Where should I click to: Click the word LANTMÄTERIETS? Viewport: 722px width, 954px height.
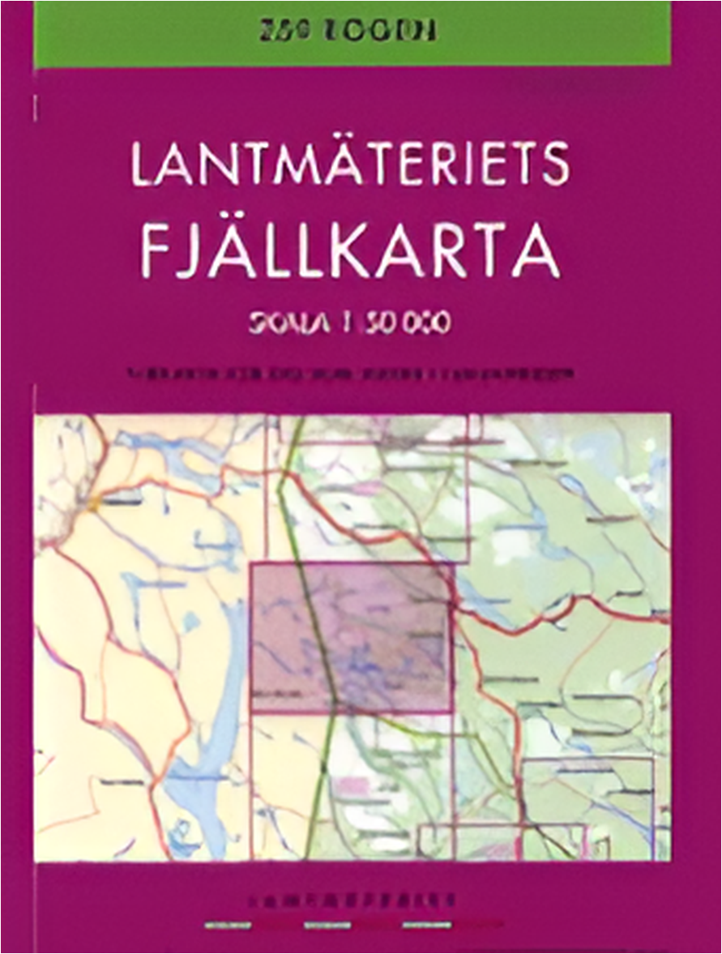350,166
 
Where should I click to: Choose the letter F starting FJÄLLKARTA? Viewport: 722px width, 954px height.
158,247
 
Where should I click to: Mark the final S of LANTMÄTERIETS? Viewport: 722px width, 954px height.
553,167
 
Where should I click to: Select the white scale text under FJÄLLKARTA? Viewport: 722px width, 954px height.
350,323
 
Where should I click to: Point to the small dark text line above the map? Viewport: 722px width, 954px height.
350,374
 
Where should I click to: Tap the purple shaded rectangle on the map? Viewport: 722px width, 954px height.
350,637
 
